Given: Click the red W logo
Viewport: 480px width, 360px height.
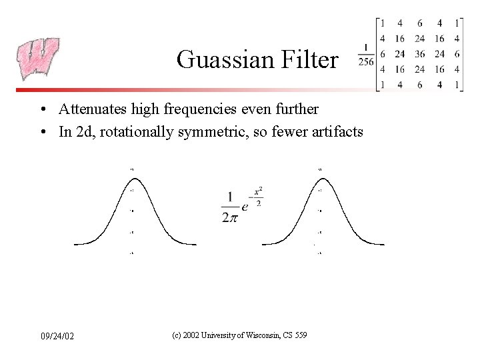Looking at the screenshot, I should [39, 59].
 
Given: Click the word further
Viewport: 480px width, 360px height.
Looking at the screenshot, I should [297, 108].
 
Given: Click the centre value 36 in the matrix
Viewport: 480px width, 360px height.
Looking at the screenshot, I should [419, 54].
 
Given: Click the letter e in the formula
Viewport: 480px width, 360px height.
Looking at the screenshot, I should [245, 207].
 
